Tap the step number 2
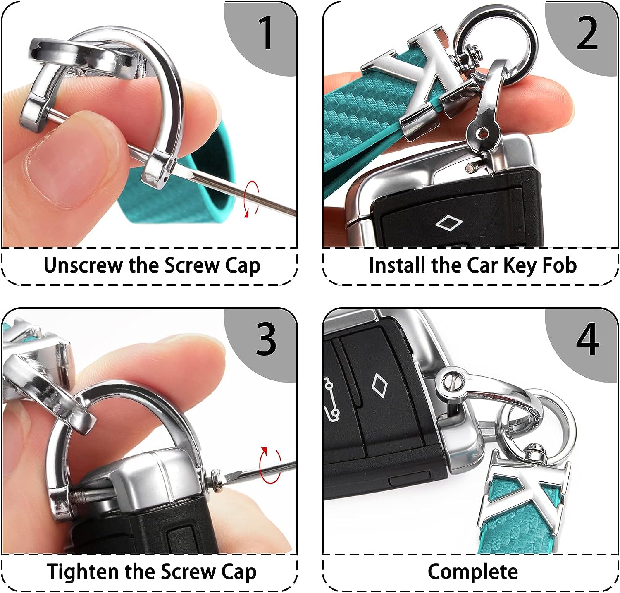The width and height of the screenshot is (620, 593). pyautogui.click(x=587, y=33)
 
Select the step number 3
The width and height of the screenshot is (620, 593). pyautogui.click(x=266, y=339)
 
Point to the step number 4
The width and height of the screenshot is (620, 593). pyautogui.click(x=587, y=339)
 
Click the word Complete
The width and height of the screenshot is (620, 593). pyautogui.click(x=473, y=572)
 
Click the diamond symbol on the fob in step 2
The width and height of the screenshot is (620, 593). pyautogui.click(x=449, y=223)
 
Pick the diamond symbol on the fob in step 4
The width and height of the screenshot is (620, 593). pyautogui.click(x=379, y=384)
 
